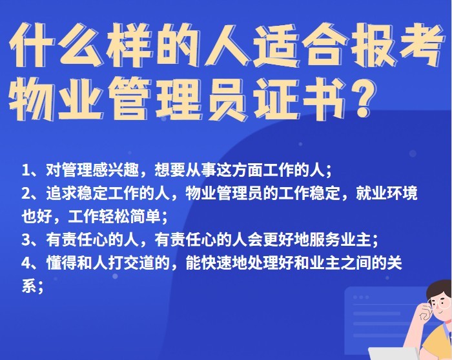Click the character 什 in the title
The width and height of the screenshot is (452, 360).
tap(32, 45)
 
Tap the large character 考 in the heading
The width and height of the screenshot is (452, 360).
tap(419, 45)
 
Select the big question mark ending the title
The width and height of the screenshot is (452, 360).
tap(362, 99)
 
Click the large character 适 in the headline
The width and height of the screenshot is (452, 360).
tap(275, 45)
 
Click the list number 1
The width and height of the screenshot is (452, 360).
tap(26, 170)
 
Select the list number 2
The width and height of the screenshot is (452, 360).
tap(26, 194)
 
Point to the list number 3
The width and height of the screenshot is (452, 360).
tap(26, 240)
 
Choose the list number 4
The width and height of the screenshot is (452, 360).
tap(26, 263)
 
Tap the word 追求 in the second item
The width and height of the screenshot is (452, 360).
tap(62, 194)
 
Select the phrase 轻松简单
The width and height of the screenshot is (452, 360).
tap(130, 217)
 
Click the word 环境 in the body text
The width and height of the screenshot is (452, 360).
tap(402, 194)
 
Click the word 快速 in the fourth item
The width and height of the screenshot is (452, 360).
tap(217, 263)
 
